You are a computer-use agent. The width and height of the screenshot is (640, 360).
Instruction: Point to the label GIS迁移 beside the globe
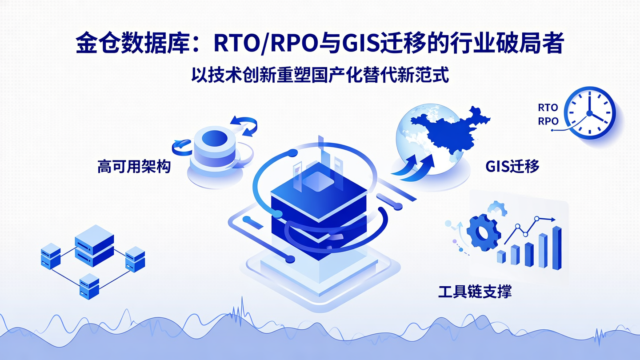(x=512, y=167)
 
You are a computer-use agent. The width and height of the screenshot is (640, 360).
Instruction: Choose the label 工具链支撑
(x=475, y=292)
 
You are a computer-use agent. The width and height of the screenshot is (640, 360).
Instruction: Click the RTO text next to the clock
(x=548, y=108)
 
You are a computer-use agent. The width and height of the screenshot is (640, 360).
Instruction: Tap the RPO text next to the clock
(x=548, y=121)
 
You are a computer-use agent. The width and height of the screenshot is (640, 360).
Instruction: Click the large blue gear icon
(x=483, y=232)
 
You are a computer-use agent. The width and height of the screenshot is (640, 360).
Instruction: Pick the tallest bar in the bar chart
(x=556, y=248)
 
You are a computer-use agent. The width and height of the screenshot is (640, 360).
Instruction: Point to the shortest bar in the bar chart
(x=501, y=256)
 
